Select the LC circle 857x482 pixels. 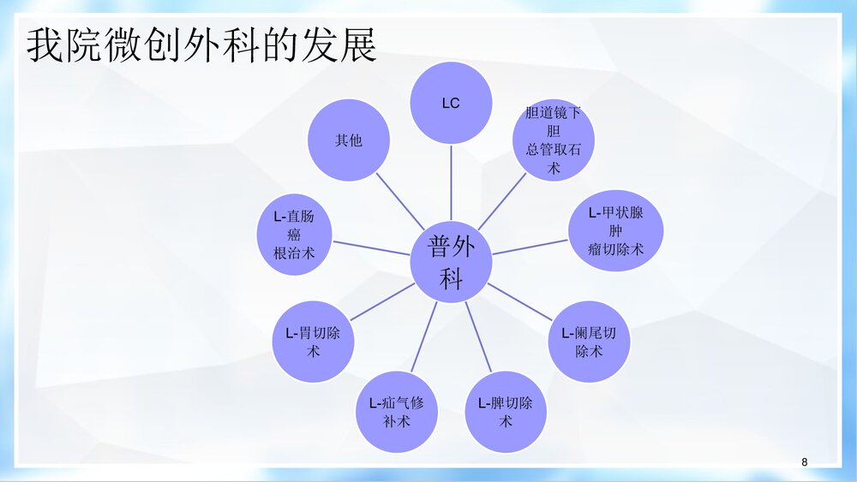451,103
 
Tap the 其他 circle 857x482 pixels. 349,140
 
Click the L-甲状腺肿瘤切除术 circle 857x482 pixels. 615,230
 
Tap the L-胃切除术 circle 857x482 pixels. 313,342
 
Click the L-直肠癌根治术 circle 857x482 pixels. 295,235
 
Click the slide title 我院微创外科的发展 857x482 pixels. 201,46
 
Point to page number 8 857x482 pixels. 804,462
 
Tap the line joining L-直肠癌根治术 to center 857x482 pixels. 370,248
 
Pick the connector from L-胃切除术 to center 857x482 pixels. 382,301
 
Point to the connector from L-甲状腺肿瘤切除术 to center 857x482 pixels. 530,247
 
